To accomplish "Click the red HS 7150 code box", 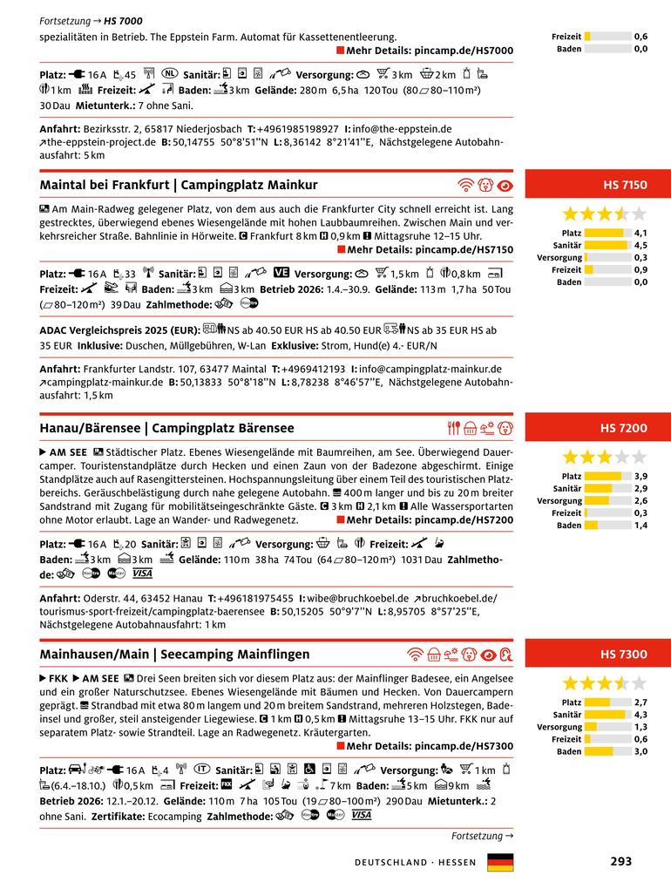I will click(598, 185).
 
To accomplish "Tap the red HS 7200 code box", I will click(598, 428).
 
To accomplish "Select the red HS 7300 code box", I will click(598, 654).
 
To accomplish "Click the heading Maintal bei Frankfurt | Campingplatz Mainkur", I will click(179, 185).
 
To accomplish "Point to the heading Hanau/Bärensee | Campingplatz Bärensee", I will click(166, 428).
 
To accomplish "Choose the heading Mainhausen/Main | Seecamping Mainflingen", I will click(174, 654).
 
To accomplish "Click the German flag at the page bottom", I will click(500, 862).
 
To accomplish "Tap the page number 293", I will click(620, 861).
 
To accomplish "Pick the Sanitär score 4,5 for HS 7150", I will click(640, 246).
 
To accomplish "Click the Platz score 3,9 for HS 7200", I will click(640, 477).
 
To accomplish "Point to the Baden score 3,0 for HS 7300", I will click(640, 751).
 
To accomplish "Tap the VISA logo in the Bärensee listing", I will click(142, 573).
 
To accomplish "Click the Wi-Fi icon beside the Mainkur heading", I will click(465, 185).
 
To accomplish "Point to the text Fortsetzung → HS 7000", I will click(91, 20).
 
